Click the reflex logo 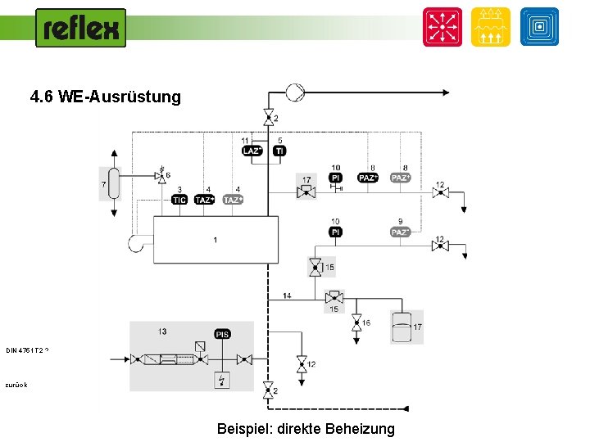[81, 29]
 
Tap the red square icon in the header [442, 27]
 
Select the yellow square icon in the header [491, 27]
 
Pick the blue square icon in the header [539, 27]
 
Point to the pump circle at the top [294, 92]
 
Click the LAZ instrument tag [252, 151]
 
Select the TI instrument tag [279, 151]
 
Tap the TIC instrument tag [179, 200]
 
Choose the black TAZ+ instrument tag [205, 200]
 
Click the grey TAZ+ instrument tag [234, 200]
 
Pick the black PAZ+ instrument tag [368, 178]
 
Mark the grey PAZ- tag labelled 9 [400, 232]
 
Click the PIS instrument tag [222, 334]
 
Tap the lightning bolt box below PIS [222, 380]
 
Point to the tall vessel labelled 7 [114, 183]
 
